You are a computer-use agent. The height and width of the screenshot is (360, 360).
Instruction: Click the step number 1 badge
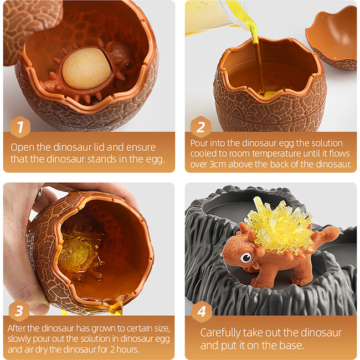click(20, 127)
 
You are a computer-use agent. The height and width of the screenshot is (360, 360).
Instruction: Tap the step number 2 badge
click(200, 127)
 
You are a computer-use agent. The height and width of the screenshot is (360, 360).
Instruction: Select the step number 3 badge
click(19, 310)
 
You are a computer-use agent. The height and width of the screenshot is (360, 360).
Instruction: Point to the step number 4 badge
click(202, 311)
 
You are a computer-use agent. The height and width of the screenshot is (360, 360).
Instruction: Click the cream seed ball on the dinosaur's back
click(86, 68)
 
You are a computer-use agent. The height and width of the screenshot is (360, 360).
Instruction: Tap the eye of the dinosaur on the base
click(246, 258)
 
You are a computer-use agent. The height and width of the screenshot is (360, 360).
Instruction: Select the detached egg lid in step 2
click(332, 37)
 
